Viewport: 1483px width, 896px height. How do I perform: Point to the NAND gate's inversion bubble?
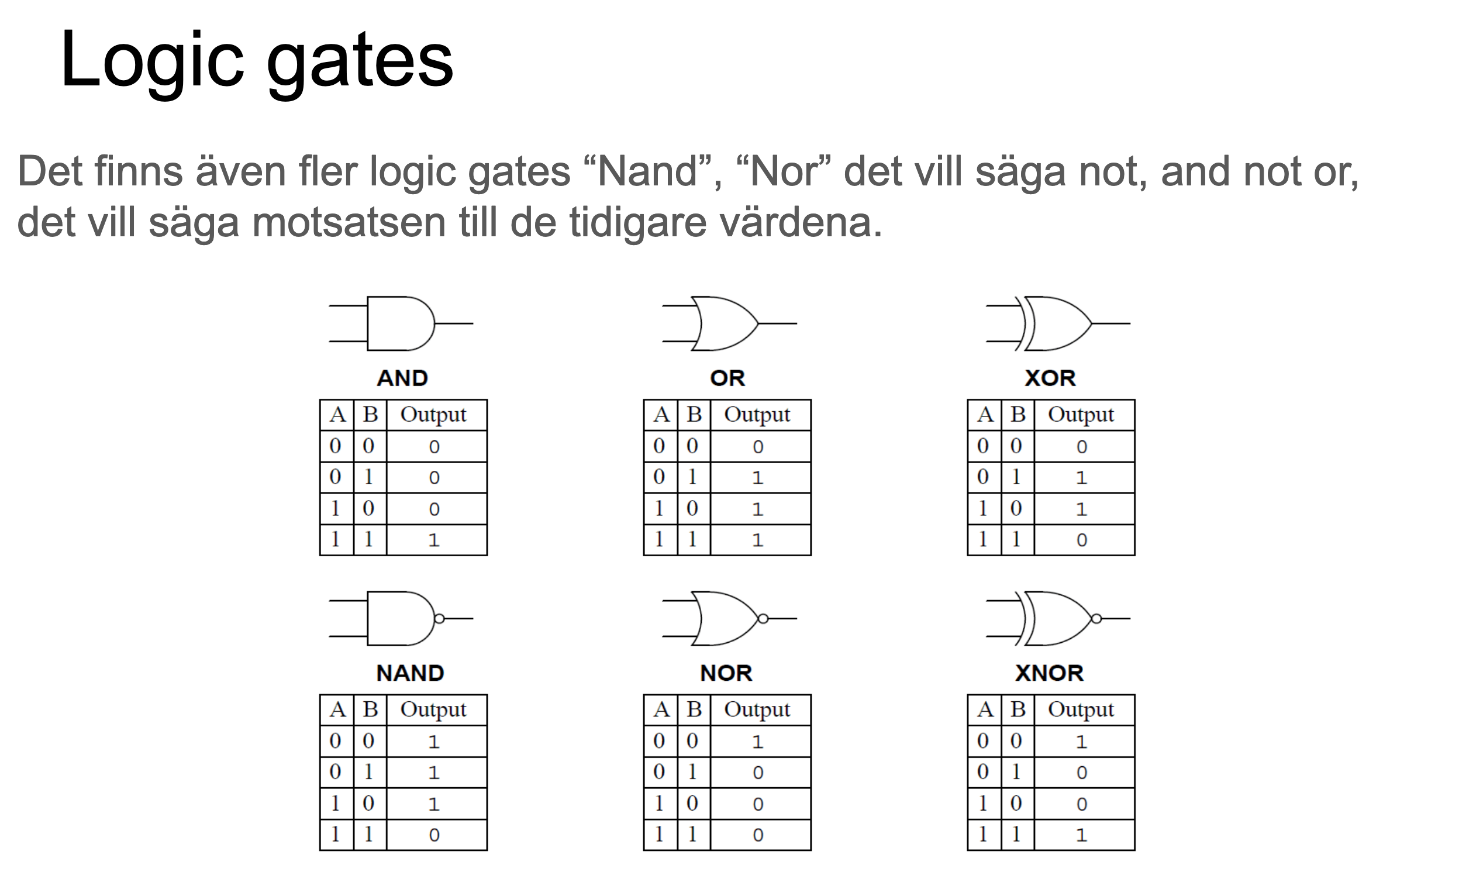click(439, 619)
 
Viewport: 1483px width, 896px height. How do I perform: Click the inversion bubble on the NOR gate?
click(763, 619)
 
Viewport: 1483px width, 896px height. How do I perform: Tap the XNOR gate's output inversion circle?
click(1096, 619)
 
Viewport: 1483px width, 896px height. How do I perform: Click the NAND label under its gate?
click(410, 673)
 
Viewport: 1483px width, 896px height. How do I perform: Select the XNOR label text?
click(1049, 673)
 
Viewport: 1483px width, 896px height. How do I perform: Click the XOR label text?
click(1050, 378)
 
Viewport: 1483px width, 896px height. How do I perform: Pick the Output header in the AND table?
click(433, 415)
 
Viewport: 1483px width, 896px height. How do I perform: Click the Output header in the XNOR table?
click(1081, 709)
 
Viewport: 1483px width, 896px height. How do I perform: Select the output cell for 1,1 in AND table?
click(434, 540)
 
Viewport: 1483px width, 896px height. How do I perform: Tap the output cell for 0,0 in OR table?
click(758, 446)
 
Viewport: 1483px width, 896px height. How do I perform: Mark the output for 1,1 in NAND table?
click(434, 835)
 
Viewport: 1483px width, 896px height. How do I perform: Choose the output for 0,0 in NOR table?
click(758, 742)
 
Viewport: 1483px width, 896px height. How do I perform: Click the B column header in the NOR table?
click(694, 709)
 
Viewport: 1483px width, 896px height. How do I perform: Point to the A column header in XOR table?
click(985, 415)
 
